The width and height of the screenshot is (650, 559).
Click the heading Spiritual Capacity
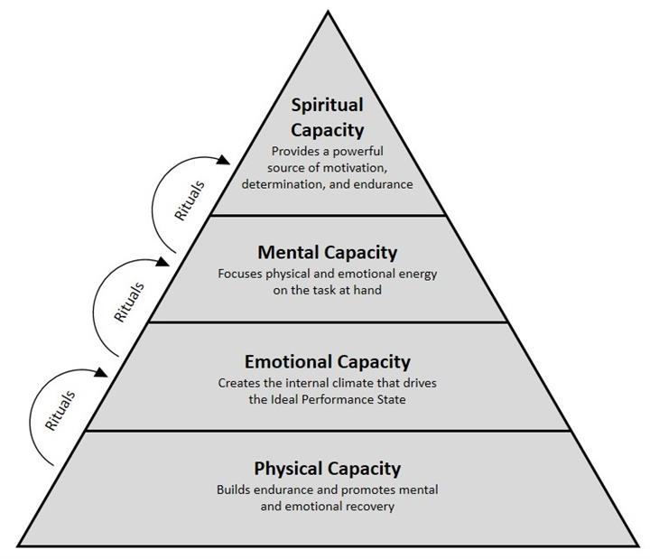[x=327, y=117]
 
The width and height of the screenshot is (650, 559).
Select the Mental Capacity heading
[x=327, y=251]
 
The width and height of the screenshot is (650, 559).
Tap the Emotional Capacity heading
[x=327, y=362]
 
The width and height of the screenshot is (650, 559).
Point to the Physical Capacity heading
[x=327, y=469]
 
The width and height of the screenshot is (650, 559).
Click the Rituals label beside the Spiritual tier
[x=189, y=200]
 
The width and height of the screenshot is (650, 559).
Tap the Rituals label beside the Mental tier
[x=128, y=303]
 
